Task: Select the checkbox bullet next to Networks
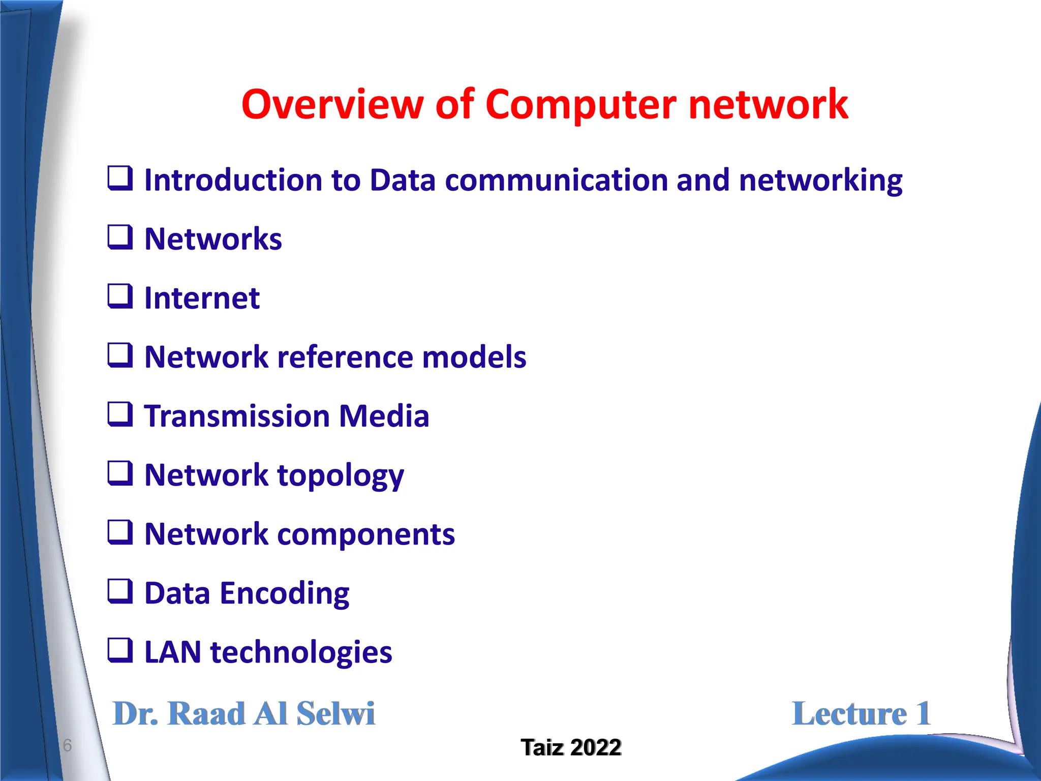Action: click(120, 237)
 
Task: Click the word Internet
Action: click(202, 298)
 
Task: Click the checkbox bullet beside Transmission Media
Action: click(120, 414)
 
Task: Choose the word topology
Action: click(340, 476)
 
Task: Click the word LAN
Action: click(173, 652)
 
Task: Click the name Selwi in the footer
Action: click(335, 713)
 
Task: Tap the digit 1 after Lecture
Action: click(923, 713)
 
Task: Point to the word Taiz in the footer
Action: click(542, 747)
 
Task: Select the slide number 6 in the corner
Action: click(67, 745)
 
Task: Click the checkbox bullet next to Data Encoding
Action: click(120, 591)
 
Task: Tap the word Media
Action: click(384, 416)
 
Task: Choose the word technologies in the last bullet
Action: click(301, 652)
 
